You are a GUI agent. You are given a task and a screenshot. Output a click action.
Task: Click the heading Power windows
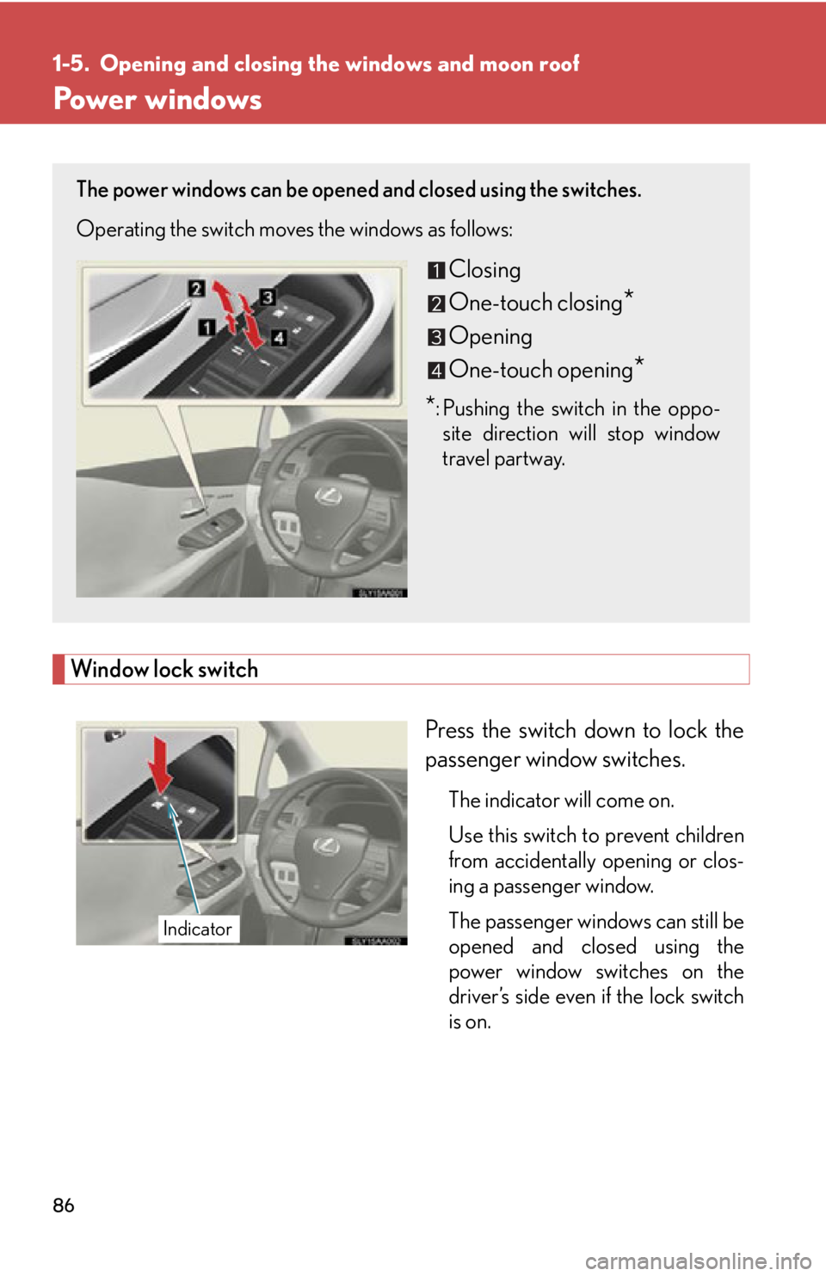click(x=157, y=100)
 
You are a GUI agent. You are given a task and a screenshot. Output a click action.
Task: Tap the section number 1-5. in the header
click(x=71, y=64)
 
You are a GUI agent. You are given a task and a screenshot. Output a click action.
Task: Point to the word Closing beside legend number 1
click(x=484, y=270)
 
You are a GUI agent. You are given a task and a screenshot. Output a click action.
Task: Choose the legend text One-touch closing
click(x=535, y=304)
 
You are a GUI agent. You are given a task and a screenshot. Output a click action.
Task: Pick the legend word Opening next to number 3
click(x=490, y=337)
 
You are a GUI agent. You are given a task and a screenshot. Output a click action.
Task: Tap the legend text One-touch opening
click(x=540, y=371)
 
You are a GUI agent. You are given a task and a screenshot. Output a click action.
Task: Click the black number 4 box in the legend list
click(x=436, y=371)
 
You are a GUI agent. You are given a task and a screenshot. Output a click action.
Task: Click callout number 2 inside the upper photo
click(x=196, y=288)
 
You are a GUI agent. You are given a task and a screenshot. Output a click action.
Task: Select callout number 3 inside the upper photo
click(x=268, y=298)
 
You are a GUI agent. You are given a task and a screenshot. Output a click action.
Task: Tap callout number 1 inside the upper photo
click(x=206, y=327)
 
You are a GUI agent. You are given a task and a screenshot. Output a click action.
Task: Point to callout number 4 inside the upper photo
click(x=279, y=338)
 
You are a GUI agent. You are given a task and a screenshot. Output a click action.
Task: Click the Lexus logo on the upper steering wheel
click(x=329, y=494)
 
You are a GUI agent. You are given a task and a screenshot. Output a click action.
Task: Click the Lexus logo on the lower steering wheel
click(x=326, y=846)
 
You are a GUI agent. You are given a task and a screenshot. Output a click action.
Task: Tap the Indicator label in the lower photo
click(x=198, y=929)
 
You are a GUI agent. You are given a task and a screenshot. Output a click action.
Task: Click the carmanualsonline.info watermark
click(x=698, y=1261)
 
